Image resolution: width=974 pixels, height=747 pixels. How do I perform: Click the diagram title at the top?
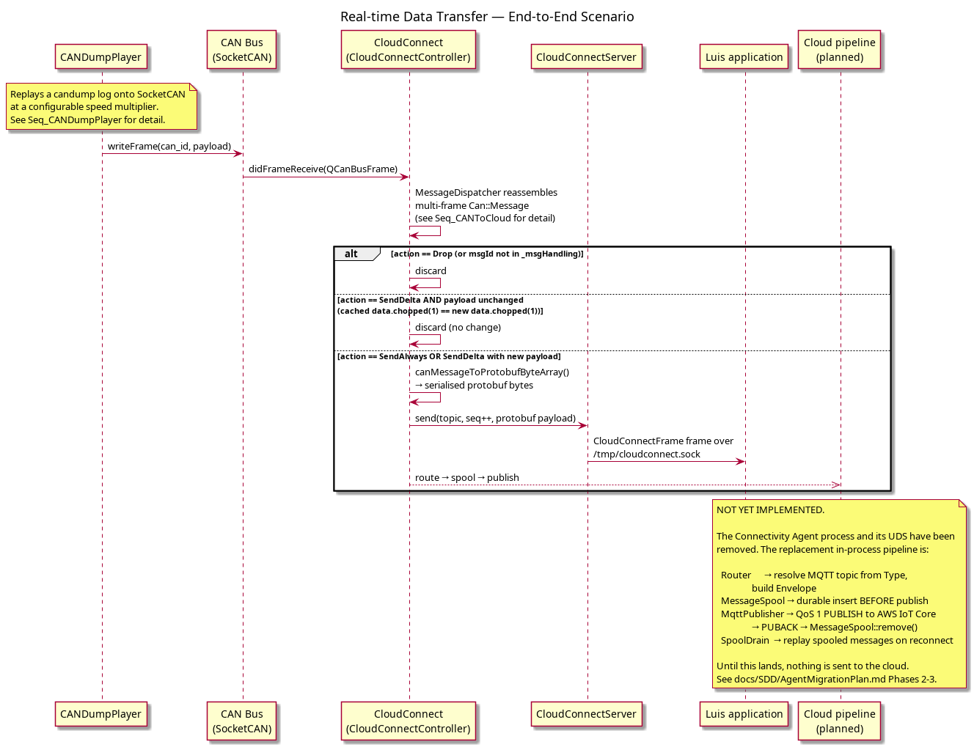click(487, 17)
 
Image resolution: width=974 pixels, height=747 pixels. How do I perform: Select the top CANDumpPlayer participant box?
click(101, 56)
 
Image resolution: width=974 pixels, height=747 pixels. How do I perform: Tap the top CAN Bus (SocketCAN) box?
click(241, 50)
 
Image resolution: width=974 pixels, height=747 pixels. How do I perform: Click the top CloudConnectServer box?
click(586, 56)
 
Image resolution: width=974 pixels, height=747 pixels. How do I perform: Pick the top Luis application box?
click(744, 56)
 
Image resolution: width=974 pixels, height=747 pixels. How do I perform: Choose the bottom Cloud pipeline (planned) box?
click(839, 721)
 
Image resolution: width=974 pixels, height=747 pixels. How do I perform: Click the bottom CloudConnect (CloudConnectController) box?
click(409, 721)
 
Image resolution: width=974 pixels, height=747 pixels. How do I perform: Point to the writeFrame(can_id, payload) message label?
click(169, 146)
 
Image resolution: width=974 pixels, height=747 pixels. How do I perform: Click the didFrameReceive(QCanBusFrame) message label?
click(323, 169)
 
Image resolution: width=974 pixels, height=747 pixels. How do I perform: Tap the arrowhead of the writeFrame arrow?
click(239, 154)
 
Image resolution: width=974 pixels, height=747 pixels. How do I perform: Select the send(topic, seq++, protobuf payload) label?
click(495, 418)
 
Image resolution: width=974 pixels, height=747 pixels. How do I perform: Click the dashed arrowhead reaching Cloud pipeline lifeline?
click(836, 485)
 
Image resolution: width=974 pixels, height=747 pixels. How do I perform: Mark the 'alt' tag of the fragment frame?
click(351, 254)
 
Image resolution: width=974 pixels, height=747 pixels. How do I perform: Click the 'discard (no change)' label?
click(458, 328)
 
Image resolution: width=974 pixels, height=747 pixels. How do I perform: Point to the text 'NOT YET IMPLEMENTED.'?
click(771, 509)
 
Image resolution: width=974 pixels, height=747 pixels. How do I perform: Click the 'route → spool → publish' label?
click(467, 477)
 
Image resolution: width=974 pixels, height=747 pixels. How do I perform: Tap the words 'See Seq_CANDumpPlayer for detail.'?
click(88, 119)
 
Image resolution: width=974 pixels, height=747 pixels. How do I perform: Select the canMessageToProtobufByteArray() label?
click(492, 372)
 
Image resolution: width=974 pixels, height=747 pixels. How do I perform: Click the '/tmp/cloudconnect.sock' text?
click(647, 454)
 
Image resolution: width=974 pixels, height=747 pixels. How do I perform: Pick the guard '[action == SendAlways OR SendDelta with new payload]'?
click(449, 356)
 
